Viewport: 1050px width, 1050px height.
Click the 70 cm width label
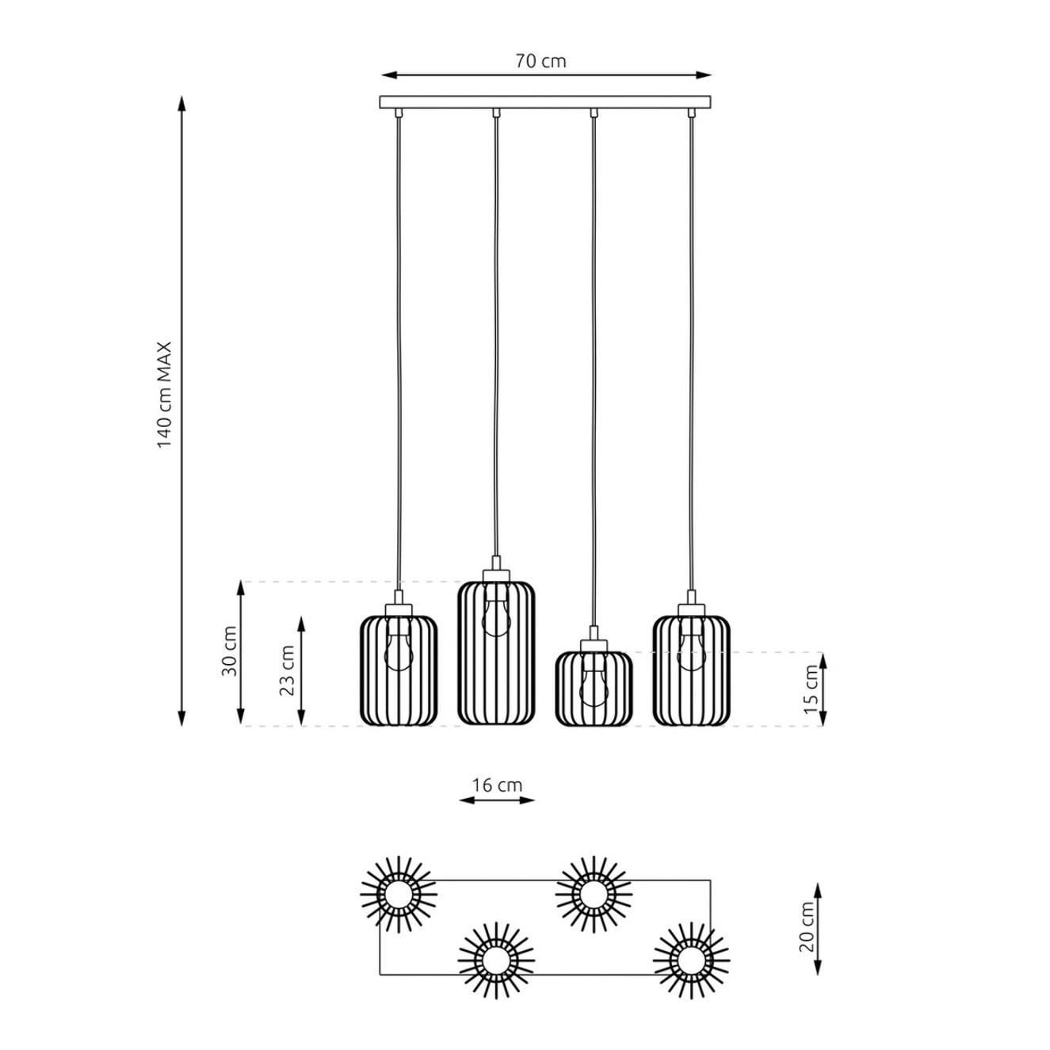(x=540, y=62)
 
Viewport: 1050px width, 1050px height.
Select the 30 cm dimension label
(x=229, y=651)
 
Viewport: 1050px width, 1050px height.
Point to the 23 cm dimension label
(x=287, y=670)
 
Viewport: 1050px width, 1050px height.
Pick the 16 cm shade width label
(x=497, y=785)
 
